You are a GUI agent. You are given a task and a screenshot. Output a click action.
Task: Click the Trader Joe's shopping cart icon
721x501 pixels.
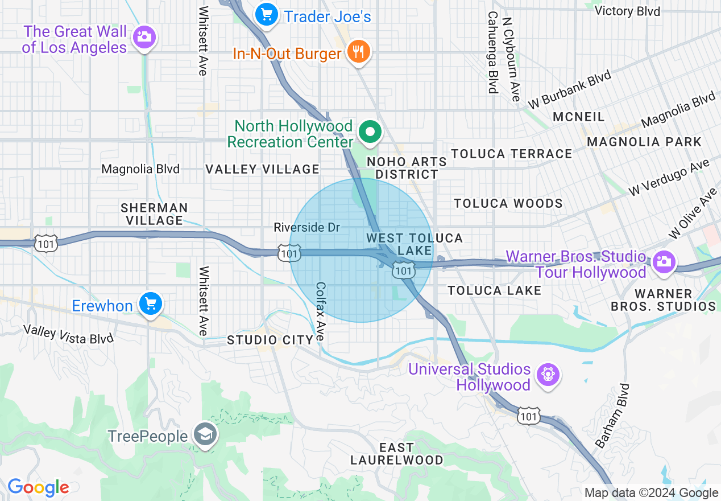(x=266, y=14)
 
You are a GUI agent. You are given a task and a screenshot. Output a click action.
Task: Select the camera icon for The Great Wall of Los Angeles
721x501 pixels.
(x=144, y=38)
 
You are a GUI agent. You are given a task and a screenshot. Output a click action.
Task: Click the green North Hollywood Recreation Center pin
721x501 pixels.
(x=371, y=132)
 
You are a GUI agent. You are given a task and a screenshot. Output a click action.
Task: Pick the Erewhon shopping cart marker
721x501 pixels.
(x=150, y=304)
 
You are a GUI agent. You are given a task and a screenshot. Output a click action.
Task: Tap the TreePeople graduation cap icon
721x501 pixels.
(x=202, y=436)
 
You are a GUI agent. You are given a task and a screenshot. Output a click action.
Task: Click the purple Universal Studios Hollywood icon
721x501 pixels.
(x=549, y=375)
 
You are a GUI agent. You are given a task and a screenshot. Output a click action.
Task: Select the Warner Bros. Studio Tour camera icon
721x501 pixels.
(x=662, y=261)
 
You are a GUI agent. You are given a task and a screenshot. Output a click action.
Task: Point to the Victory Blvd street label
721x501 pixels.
(x=627, y=11)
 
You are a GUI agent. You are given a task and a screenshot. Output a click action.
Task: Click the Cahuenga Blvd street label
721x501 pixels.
(x=492, y=52)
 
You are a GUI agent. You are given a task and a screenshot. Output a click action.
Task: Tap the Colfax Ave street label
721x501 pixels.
(x=321, y=312)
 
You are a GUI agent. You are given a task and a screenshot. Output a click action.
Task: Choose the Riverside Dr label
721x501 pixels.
(x=306, y=228)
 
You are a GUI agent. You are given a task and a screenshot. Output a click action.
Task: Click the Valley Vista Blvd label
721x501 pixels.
(x=68, y=334)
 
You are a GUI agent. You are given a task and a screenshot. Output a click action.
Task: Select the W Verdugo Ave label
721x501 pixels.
(x=669, y=178)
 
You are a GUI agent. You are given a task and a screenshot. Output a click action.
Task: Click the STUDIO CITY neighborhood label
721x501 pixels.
(x=270, y=340)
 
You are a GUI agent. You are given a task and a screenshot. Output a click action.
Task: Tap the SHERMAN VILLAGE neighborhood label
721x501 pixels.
(x=154, y=213)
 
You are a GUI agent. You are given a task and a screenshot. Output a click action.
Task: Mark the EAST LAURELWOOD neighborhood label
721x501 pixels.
(x=396, y=454)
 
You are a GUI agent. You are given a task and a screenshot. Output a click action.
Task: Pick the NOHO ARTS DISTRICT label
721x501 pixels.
(x=403, y=168)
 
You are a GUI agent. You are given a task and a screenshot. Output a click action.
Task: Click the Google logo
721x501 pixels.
(x=38, y=487)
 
